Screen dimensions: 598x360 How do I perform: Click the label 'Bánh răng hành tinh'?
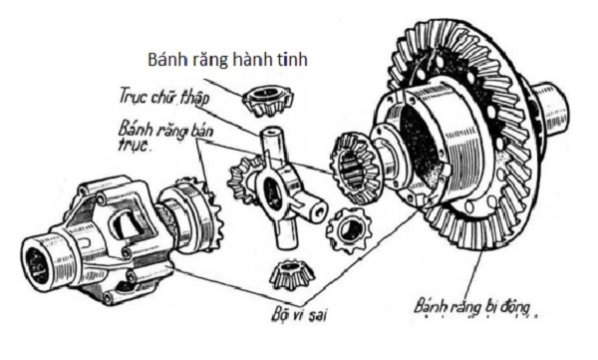(227, 60)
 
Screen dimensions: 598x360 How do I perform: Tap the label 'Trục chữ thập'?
(164, 96)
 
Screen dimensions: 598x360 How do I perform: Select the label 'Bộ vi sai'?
(299, 315)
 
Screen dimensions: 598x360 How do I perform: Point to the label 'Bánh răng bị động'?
(472, 306)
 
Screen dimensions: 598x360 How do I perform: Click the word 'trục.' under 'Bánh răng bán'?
(135, 145)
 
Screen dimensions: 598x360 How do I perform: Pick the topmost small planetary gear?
(268, 101)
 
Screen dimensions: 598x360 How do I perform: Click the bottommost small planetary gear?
(292, 275)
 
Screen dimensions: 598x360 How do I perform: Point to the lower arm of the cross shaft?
(286, 233)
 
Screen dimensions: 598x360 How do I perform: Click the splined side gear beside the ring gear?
(356, 167)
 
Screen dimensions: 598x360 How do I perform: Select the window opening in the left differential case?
(130, 225)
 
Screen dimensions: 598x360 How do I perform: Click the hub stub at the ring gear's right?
(550, 108)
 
